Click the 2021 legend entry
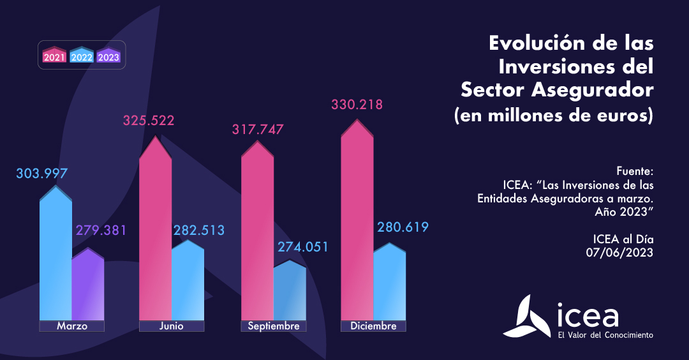[x=54, y=56]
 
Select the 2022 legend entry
[x=82, y=56]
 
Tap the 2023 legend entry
[x=108, y=56]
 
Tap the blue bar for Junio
[x=188, y=281]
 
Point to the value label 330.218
[x=357, y=105]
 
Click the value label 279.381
[x=101, y=230]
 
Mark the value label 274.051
[x=302, y=246]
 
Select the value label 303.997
[x=41, y=174]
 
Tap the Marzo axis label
[x=71, y=326]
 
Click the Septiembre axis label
[x=273, y=326]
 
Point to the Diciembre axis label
[x=373, y=326]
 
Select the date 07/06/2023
[x=619, y=252]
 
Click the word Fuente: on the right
[x=635, y=172]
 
